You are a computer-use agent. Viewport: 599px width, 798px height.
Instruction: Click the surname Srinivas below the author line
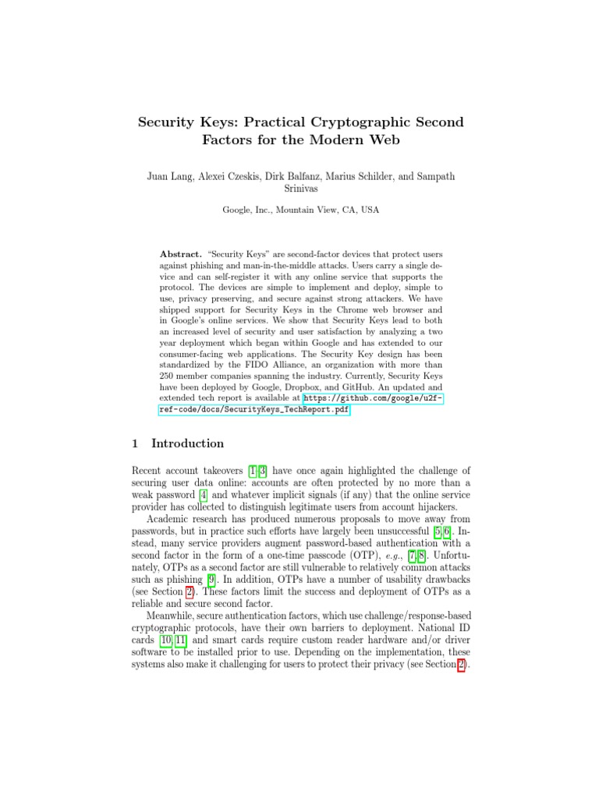pyautogui.click(x=299, y=188)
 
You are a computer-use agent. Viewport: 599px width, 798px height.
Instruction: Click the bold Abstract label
pyautogui.click(x=180, y=255)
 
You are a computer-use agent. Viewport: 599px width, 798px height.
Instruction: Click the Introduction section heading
pyautogui.click(x=187, y=443)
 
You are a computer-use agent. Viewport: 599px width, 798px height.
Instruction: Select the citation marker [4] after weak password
pyautogui.click(x=203, y=483)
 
